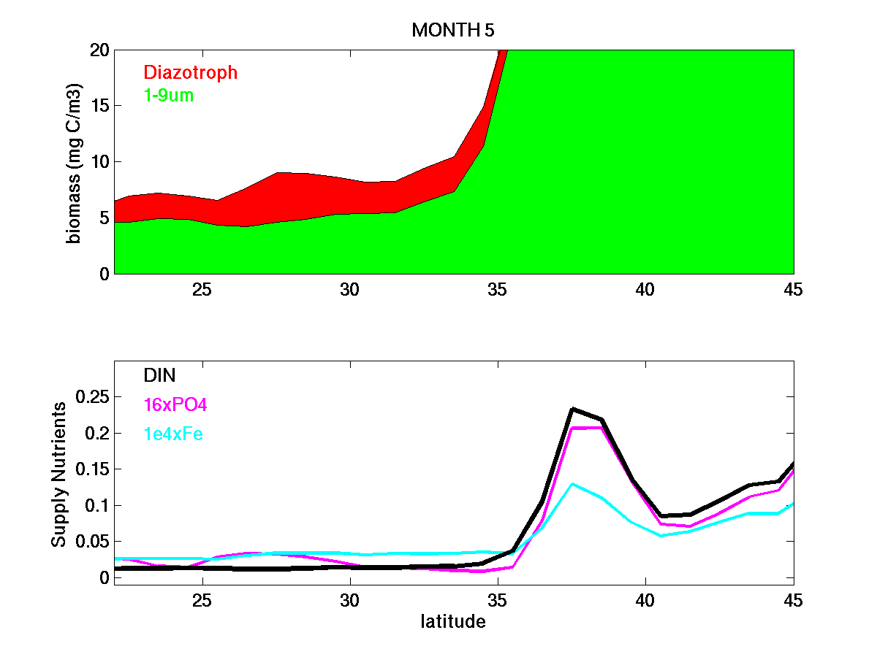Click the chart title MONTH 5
454,30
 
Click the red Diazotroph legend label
190,72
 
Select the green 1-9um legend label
168,95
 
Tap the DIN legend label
159,375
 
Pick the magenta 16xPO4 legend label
175,405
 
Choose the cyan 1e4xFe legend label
173,434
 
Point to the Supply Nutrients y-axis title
59,474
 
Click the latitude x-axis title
453,622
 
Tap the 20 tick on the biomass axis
99,50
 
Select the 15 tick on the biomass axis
99,106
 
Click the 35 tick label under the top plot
497,289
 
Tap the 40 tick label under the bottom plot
645,600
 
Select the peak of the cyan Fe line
572,484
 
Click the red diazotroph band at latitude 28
291,196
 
